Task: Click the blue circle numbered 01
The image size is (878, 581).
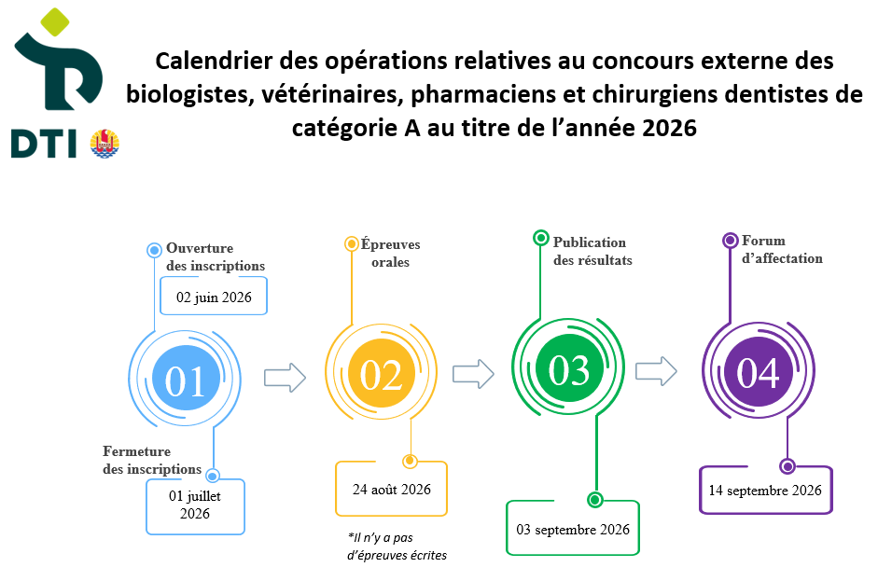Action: (186, 378)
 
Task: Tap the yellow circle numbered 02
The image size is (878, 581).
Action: (382, 373)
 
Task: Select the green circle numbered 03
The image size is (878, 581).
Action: (569, 367)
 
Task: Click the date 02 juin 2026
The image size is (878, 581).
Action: (214, 297)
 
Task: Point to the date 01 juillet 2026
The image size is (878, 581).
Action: (195, 505)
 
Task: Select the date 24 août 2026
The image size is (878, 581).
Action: (391, 490)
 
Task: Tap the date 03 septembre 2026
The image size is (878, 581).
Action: (573, 530)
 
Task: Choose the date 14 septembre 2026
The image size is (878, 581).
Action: (765, 491)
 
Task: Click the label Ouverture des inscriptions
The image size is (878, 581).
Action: (216, 256)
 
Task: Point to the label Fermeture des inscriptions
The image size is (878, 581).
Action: (152, 460)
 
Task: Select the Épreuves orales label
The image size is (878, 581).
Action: (390, 253)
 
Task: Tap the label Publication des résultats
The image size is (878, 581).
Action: (592, 251)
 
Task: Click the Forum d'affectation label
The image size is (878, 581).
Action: (782, 250)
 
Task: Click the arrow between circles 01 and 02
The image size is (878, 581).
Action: (285, 378)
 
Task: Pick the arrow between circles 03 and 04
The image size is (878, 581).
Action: (656, 371)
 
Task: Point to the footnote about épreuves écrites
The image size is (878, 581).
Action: (397, 546)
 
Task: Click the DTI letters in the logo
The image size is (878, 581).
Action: (44, 144)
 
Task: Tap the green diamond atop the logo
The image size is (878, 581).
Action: (55, 21)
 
